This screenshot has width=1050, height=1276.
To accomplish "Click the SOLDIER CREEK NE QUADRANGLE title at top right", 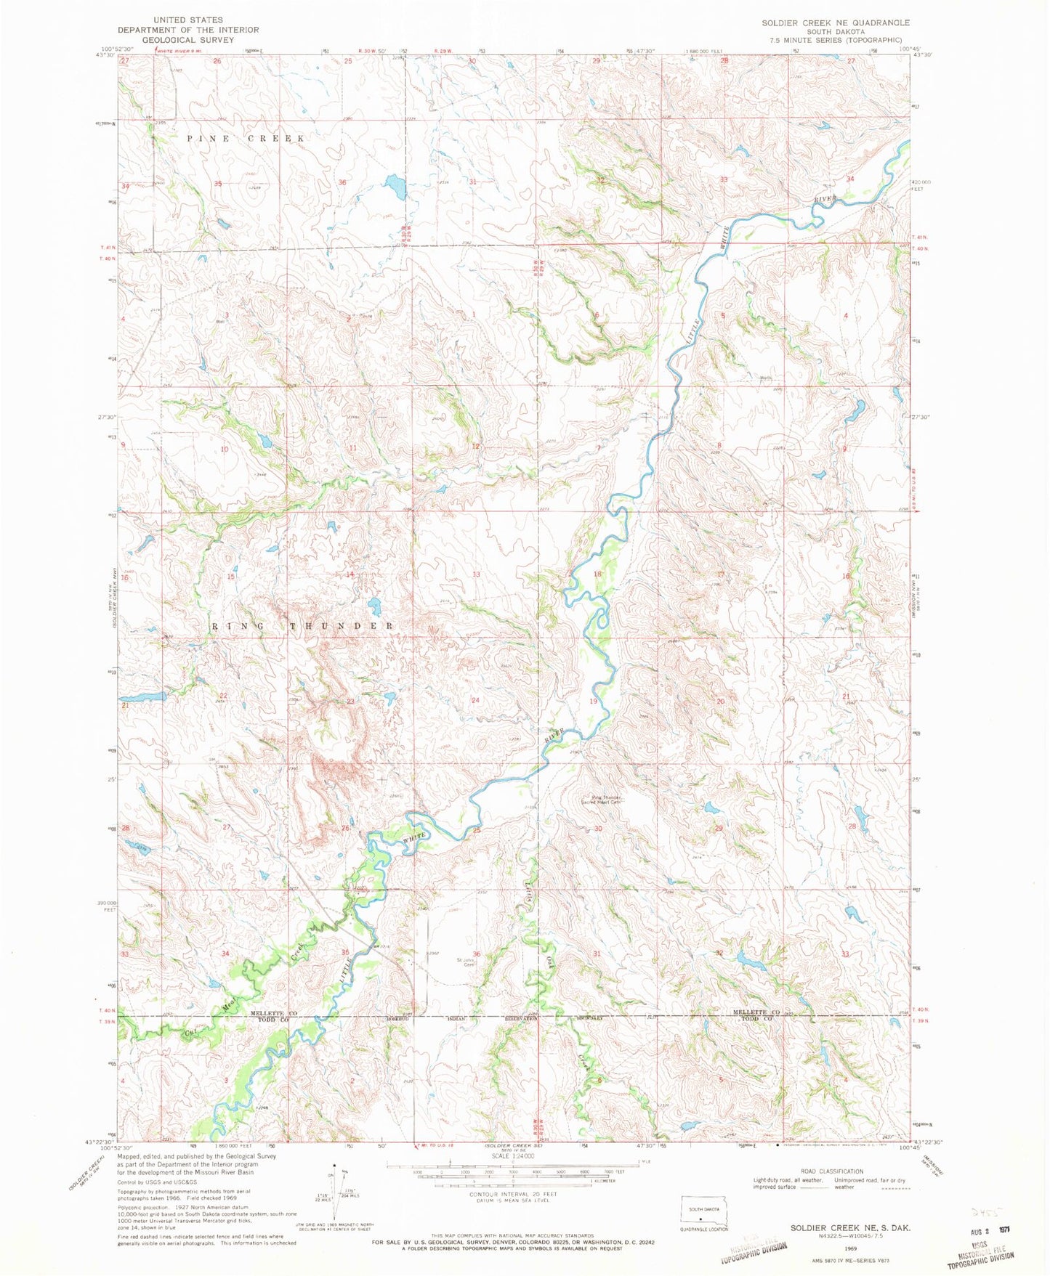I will (x=835, y=23).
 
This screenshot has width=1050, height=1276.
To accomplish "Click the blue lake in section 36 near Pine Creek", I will (x=395, y=187).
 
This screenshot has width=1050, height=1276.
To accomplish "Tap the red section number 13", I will (x=476, y=574).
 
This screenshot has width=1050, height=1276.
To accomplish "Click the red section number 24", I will (x=476, y=700).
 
